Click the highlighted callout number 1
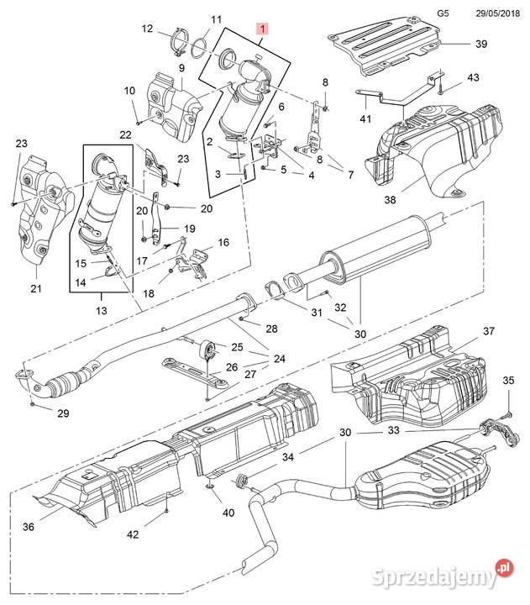tap(263, 29)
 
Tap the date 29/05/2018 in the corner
tap(497, 13)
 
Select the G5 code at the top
tap(443, 13)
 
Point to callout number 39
tap(481, 44)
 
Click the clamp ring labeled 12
tap(179, 42)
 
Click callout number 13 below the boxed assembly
tap(101, 310)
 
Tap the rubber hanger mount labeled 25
tap(207, 350)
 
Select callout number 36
tap(29, 526)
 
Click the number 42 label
tap(133, 534)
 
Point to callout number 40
tap(228, 513)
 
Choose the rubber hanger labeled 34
tap(241, 482)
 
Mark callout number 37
tap(489, 331)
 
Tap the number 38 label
tap(390, 199)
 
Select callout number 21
tap(36, 288)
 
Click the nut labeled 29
tap(33, 403)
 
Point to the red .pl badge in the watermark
tap(504, 568)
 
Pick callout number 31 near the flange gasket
tap(317, 312)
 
